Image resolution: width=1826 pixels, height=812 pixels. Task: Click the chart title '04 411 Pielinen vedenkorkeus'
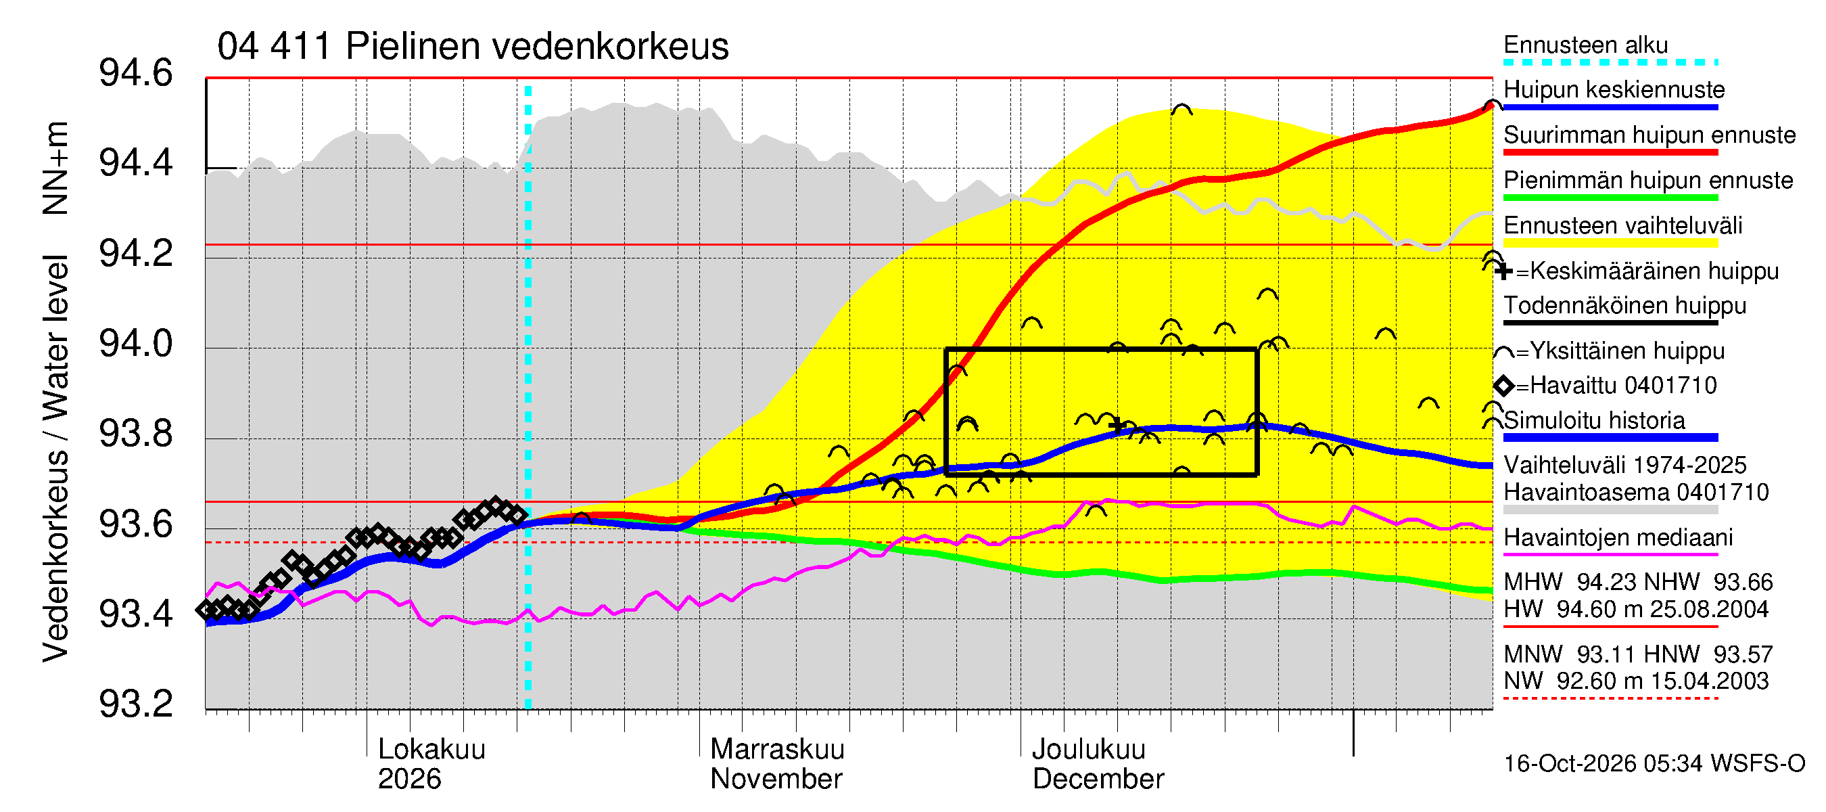473,47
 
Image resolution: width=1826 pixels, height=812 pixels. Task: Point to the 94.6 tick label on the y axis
135,73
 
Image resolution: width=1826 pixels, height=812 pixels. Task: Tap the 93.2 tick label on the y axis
135,704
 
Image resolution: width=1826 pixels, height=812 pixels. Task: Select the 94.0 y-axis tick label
135,343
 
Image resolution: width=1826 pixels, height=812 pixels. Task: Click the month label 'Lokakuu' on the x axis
431,749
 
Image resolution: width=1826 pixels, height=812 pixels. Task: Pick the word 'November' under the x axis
776,779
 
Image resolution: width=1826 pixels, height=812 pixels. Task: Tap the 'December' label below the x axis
1098,779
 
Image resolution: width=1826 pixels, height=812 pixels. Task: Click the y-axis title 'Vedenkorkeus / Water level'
55,458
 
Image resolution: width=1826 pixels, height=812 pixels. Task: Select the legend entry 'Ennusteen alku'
1586,45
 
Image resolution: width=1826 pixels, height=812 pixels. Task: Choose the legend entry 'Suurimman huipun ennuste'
1649,135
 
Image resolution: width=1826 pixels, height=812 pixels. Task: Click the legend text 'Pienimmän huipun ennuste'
1648,180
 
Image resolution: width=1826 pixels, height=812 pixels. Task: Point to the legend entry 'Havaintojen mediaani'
1618,537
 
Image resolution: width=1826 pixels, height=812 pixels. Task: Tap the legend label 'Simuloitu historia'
1594,420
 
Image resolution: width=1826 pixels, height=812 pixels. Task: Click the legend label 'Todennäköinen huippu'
1624,306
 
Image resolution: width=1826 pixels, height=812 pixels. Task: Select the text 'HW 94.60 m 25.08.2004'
1636,609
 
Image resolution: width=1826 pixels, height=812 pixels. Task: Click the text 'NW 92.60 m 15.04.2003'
1636,681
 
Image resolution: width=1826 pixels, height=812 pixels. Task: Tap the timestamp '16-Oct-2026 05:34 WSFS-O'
1654,763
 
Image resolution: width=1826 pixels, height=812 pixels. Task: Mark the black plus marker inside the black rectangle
1118,426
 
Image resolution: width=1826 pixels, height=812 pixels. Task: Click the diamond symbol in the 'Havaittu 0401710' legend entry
1503,386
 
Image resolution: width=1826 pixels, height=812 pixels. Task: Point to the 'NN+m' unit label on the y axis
55,168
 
